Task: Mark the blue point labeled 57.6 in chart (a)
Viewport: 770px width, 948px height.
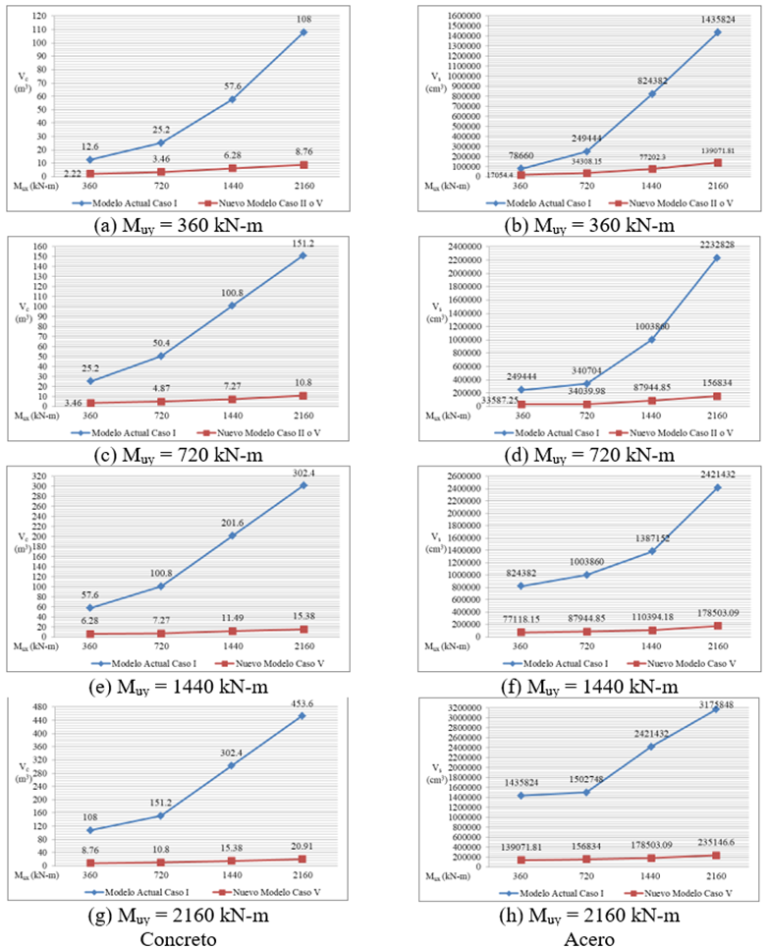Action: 233,99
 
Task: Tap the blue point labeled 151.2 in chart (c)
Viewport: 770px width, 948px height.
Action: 302,255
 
